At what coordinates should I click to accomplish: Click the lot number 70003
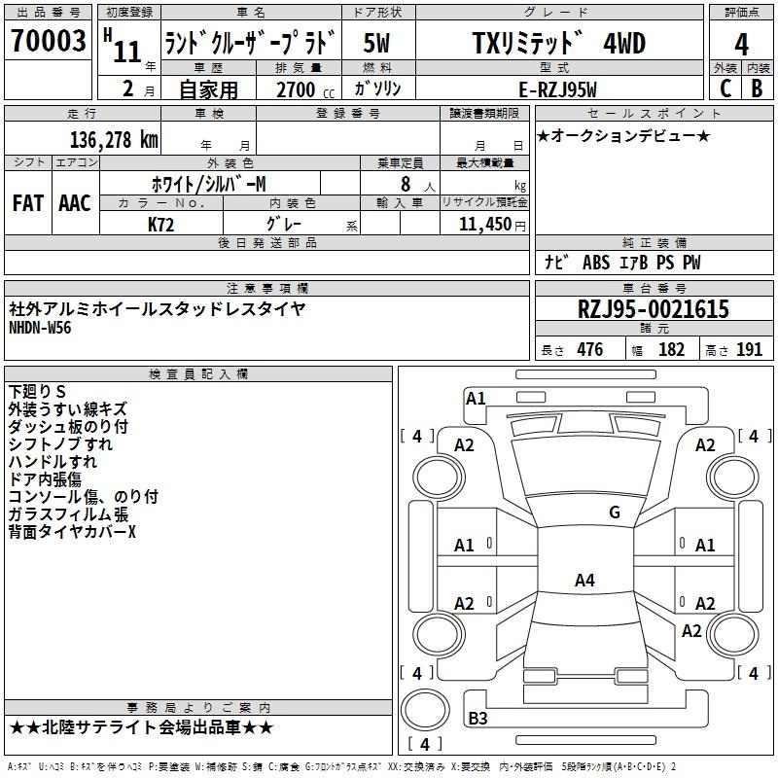click(x=48, y=40)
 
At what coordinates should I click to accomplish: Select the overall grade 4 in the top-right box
click(x=741, y=44)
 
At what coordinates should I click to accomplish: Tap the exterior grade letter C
click(x=725, y=88)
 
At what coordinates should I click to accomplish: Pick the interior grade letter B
click(x=757, y=88)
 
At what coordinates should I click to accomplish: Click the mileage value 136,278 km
click(x=114, y=140)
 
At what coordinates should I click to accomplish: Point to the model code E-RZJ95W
click(x=557, y=89)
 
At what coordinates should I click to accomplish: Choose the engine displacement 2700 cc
click(x=305, y=89)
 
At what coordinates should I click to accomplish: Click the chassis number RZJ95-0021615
click(x=654, y=309)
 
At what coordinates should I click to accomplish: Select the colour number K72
click(x=160, y=225)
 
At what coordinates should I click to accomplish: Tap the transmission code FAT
click(x=28, y=203)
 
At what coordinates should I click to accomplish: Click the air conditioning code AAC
click(x=75, y=203)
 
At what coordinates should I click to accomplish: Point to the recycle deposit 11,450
click(x=484, y=225)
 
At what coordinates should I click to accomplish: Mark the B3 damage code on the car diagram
click(x=477, y=718)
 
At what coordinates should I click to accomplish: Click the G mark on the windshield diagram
click(x=615, y=513)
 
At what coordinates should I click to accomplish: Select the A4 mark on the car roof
click(x=584, y=580)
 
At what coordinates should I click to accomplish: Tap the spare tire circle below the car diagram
click(x=425, y=710)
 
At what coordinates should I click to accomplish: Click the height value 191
click(x=749, y=350)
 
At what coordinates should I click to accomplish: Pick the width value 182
click(x=671, y=350)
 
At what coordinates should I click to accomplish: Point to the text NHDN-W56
click(x=40, y=328)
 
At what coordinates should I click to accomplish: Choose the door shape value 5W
click(x=376, y=43)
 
